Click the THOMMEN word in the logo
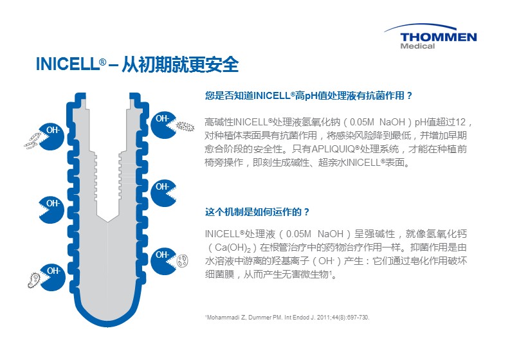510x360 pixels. click(439, 37)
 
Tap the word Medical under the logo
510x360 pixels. click(417, 46)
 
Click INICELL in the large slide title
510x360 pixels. click(67, 64)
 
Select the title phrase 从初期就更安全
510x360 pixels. click(180, 64)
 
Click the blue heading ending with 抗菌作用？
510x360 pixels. click(309, 96)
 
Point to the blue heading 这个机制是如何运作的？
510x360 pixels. click(257, 212)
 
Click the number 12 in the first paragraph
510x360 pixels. click(460, 122)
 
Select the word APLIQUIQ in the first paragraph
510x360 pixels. click(333, 149)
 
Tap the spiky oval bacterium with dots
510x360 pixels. click(185, 127)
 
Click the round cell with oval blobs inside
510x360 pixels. click(182, 261)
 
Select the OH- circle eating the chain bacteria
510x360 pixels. click(51, 136)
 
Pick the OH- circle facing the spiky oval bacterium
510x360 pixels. click(163, 125)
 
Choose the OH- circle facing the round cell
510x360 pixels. click(163, 262)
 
